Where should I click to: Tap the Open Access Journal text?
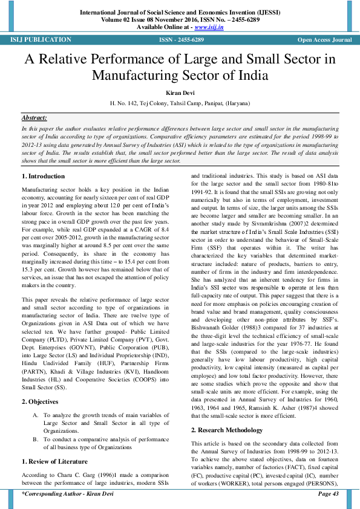[324, 40]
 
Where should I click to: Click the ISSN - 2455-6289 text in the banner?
[182, 40]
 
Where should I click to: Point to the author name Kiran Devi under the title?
[180, 93]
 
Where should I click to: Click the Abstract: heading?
[34, 118]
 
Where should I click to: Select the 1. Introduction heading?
[43, 176]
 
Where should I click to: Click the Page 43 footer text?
[328, 494]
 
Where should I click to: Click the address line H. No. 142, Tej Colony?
[180, 103]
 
